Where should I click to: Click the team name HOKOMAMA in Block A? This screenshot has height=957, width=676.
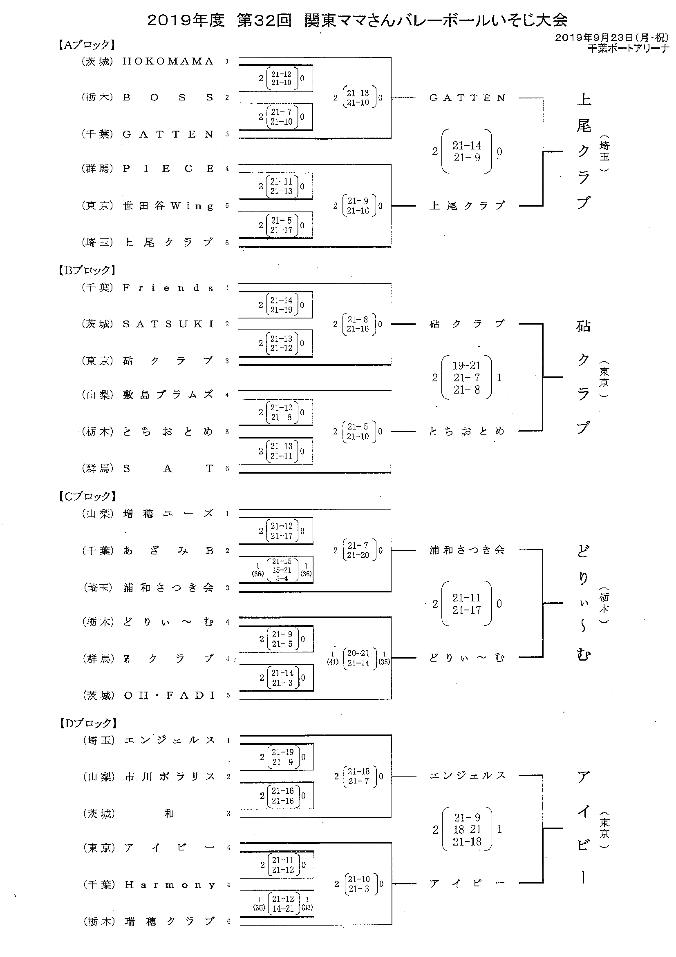tap(168, 61)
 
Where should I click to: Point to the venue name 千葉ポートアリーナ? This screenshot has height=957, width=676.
tap(628, 48)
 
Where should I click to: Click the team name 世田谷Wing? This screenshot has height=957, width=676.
tap(168, 206)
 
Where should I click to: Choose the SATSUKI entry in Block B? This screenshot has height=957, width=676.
tap(168, 324)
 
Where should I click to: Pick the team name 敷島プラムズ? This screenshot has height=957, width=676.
tap(168, 395)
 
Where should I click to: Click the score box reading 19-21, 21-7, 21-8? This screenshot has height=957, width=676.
tap(466, 378)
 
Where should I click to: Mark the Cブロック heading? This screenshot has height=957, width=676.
tap(87, 496)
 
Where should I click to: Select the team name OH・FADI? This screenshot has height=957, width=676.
tap(170, 695)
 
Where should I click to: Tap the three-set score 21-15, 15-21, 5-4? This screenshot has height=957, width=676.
tap(282, 570)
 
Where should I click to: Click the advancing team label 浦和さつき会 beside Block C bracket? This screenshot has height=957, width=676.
tap(467, 550)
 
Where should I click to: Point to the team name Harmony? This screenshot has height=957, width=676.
tap(170, 884)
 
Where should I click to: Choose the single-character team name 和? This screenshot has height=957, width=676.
tap(169, 814)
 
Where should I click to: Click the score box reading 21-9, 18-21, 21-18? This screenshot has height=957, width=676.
tap(467, 830)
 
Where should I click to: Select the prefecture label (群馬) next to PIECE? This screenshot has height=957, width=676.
tap(97, 169)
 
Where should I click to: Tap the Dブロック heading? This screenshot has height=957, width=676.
tap(87, 723)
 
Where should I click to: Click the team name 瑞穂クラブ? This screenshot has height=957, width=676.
tap(170, 921)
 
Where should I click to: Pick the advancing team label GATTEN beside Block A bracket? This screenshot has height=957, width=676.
tap(468, 98)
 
